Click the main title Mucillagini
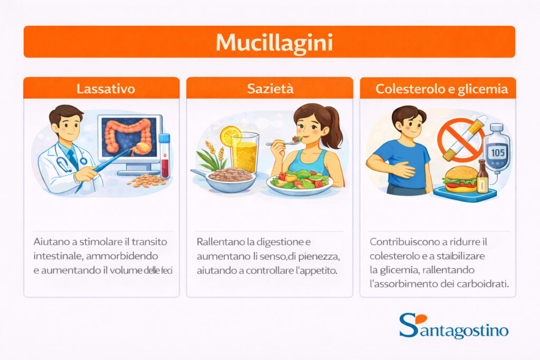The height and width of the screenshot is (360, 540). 269,42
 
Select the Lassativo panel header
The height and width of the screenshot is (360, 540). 102,88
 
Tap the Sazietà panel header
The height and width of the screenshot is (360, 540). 269,88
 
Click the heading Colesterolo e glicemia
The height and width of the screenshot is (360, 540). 438,89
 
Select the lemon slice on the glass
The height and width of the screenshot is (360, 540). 230,136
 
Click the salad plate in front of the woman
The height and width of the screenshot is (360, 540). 300,181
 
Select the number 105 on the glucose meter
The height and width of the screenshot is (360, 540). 498,151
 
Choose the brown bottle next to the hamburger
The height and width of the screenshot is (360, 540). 482,179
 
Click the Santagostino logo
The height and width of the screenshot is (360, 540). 454,326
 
